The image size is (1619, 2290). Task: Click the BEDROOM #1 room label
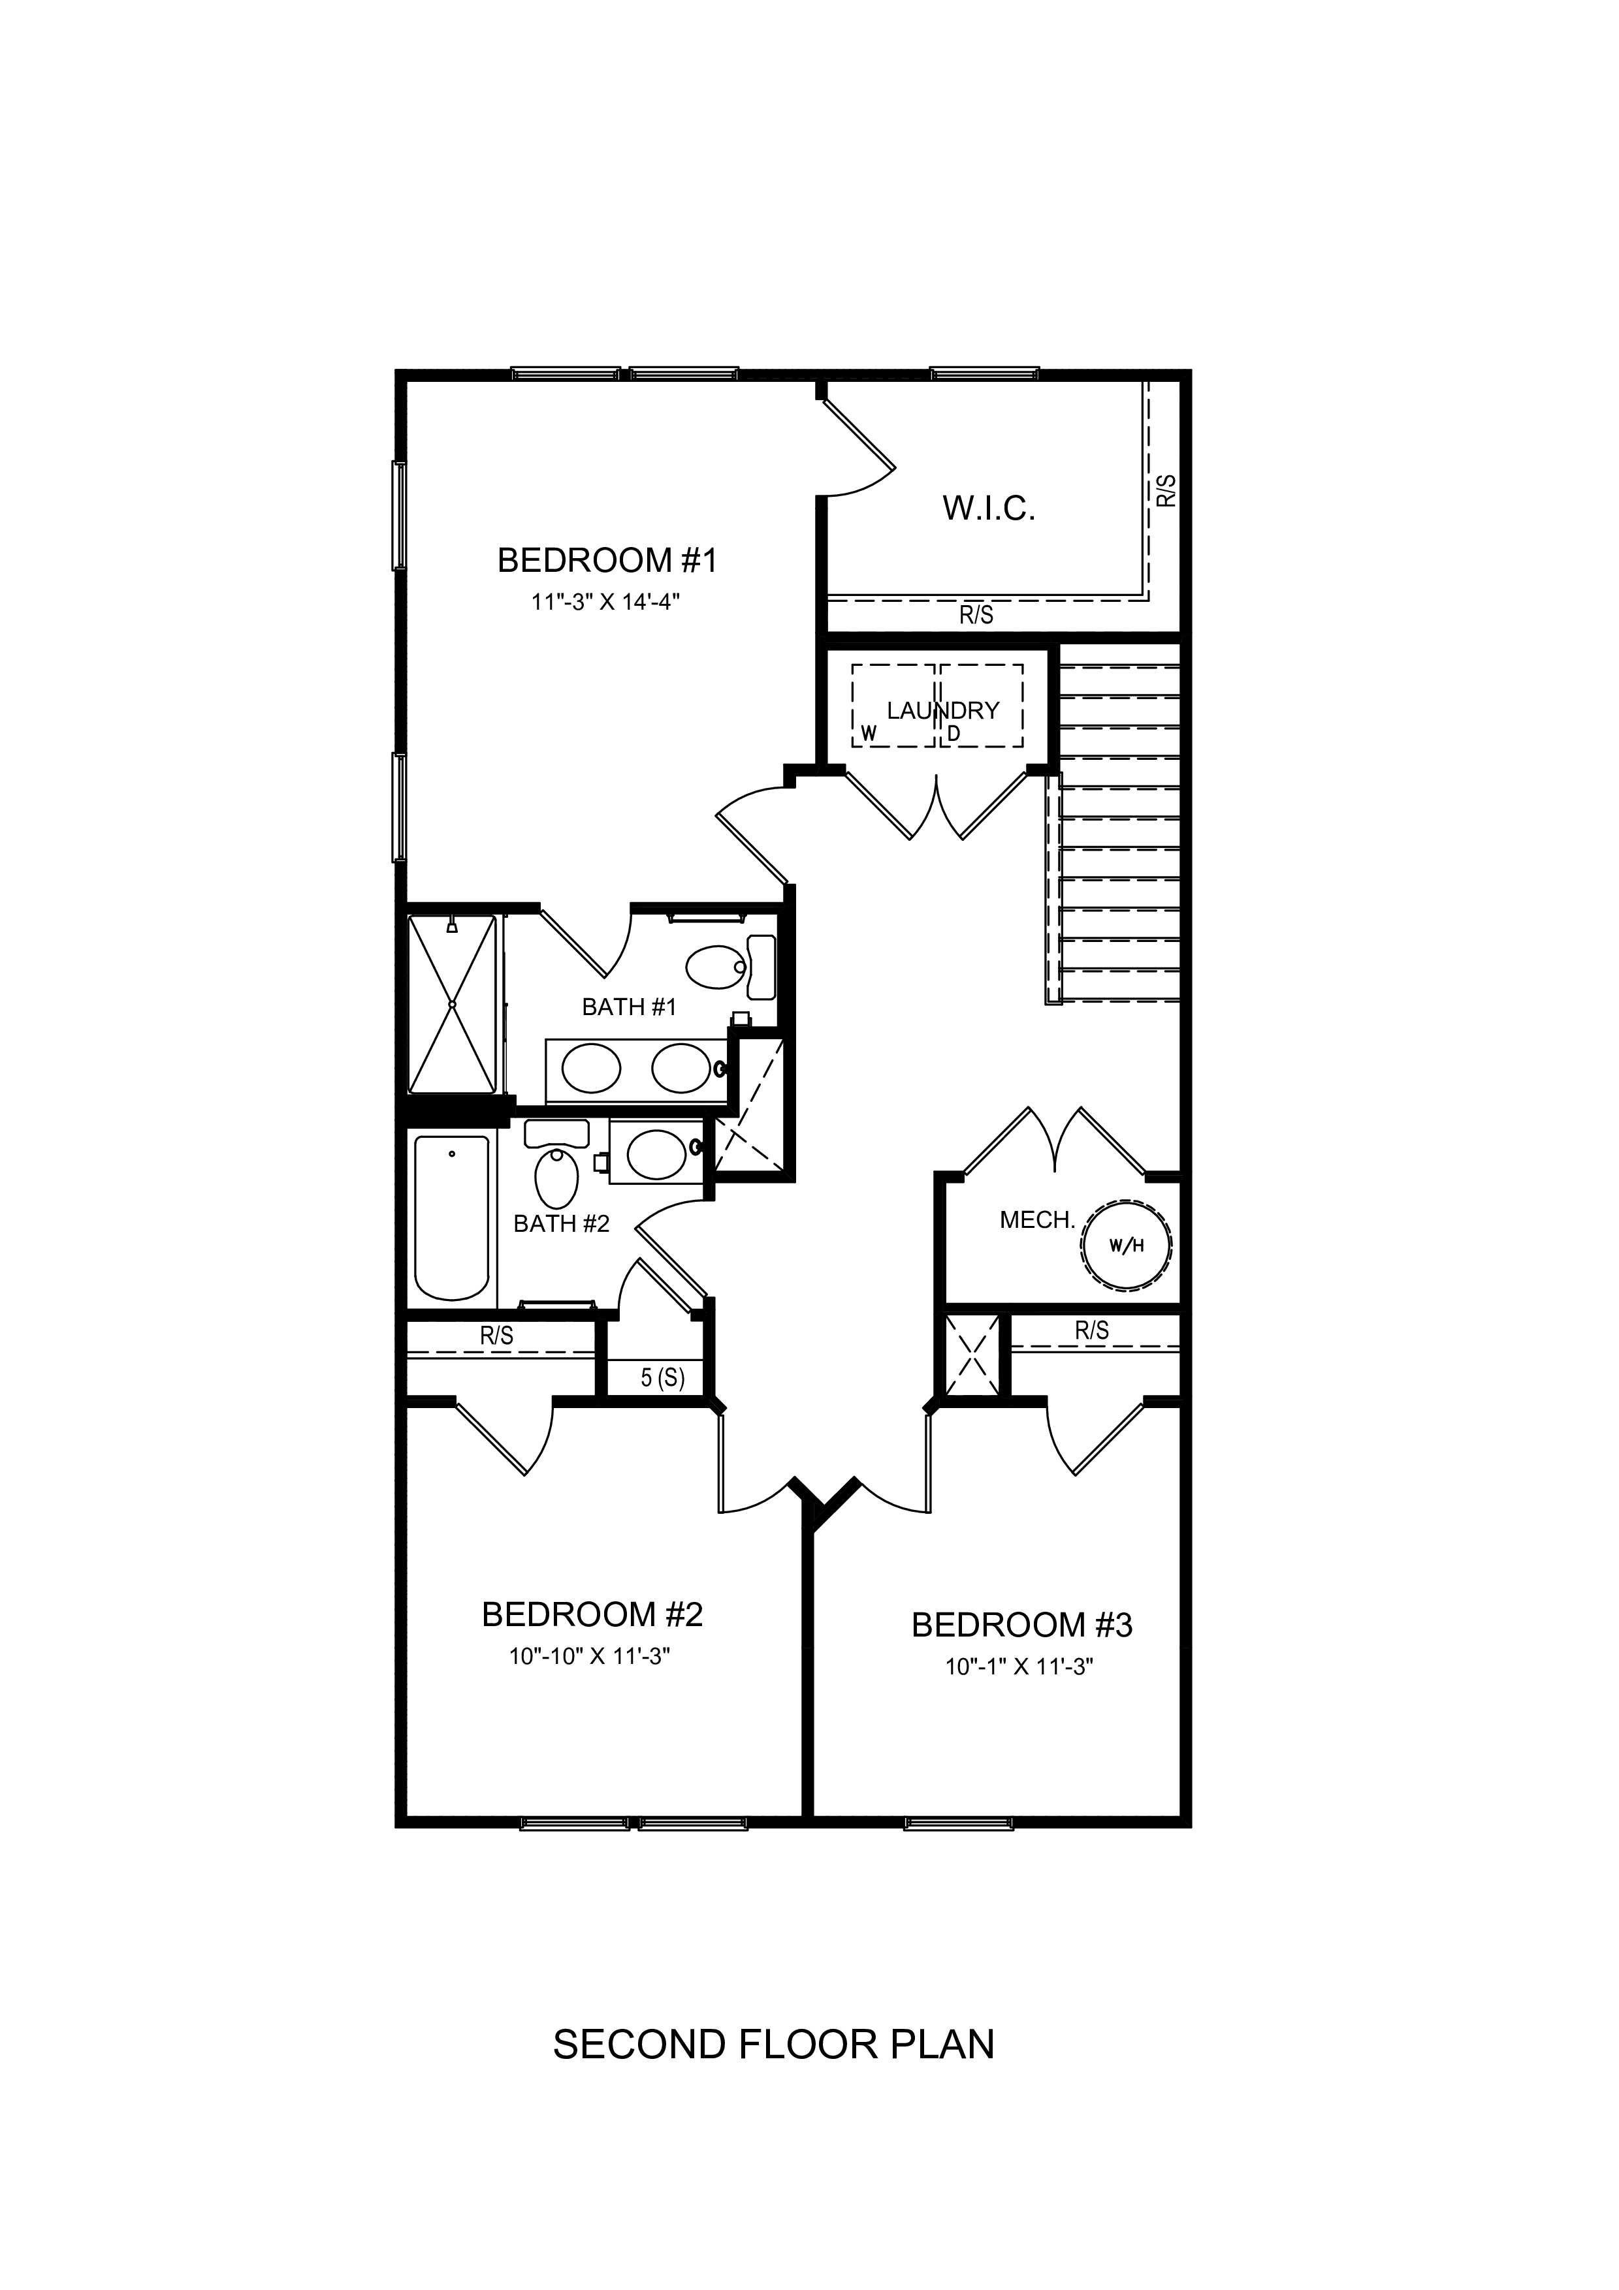pos(607,561)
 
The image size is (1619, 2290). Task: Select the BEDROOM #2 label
pos(592,1615)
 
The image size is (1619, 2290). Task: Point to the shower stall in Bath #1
pos(452,1005)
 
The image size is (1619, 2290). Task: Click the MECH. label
pos(1036,1220)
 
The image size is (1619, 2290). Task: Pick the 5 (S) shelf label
pos(662,1379)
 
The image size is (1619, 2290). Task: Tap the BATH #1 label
pos(628,1007)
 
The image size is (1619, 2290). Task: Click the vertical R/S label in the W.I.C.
pos(1166,491)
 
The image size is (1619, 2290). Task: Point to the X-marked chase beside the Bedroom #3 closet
pos(972,1355)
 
